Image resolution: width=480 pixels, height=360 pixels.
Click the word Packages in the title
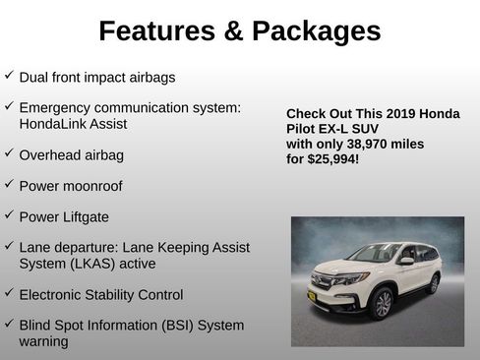coord(316,31)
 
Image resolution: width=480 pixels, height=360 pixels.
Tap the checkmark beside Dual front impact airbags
coord(9,75)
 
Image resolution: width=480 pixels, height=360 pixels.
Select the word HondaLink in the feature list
coord(51,125)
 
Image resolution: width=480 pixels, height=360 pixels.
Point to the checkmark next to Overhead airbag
coord(9,153)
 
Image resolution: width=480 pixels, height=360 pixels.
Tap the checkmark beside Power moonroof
coord(9,183)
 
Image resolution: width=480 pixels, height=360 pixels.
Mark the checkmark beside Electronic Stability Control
coord(9,293)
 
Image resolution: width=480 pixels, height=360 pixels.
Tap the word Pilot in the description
coord(302,129)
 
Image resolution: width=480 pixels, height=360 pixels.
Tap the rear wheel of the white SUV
coord(433,284)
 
